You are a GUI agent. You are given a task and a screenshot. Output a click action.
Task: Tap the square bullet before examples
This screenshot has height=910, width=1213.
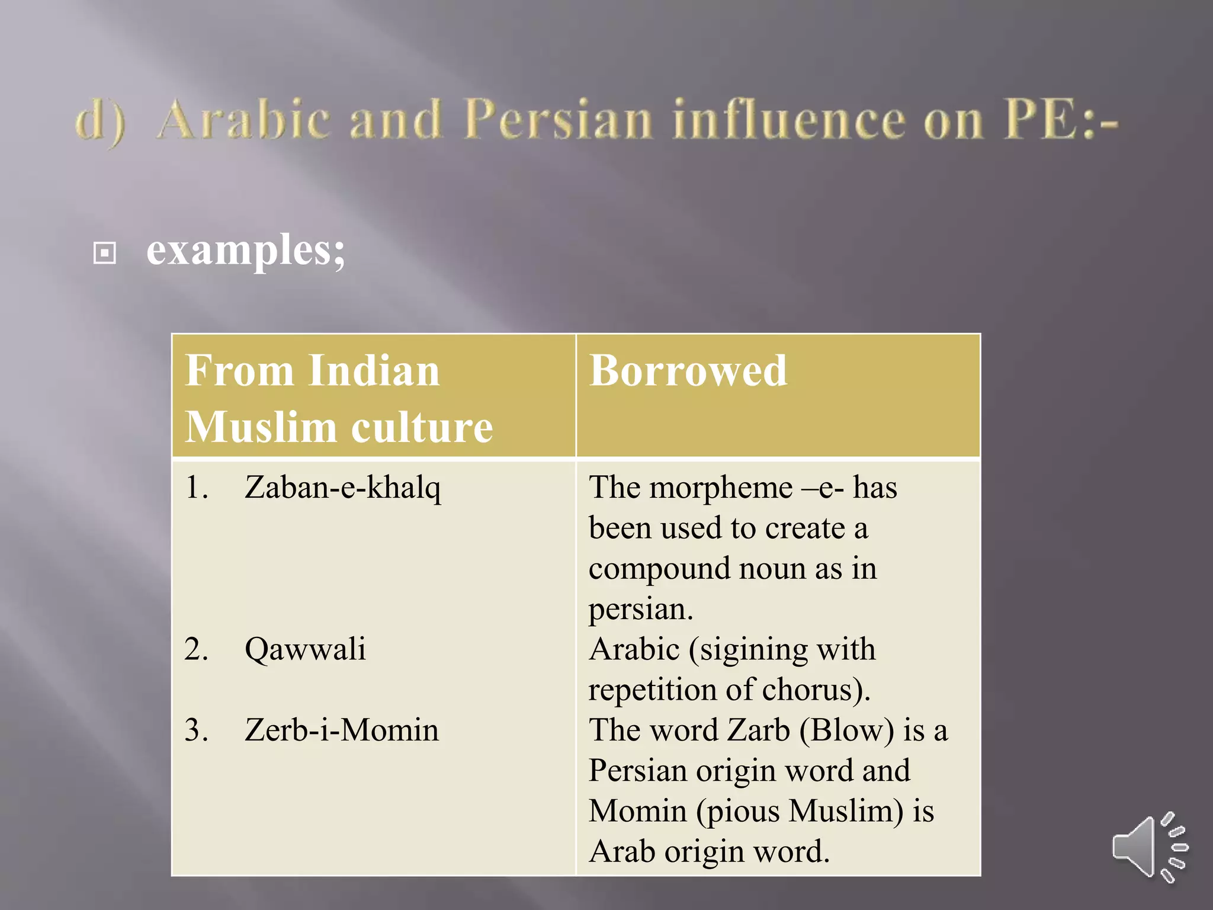(105, 254)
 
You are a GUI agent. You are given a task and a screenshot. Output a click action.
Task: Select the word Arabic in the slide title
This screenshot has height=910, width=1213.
(243, 120)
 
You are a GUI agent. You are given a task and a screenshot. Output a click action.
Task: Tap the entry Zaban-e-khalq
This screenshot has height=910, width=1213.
(343, 488)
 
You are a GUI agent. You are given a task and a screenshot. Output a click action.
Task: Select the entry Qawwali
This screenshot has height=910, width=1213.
(305, 649)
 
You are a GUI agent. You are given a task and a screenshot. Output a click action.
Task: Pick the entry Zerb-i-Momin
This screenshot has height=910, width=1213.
(342, 730)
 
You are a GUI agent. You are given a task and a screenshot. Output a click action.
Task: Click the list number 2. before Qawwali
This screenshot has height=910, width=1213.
(196, 649)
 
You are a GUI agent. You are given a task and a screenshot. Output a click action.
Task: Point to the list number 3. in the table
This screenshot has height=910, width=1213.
(196, 730)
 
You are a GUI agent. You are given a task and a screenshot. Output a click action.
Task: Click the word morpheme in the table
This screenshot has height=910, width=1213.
(720, 488)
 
